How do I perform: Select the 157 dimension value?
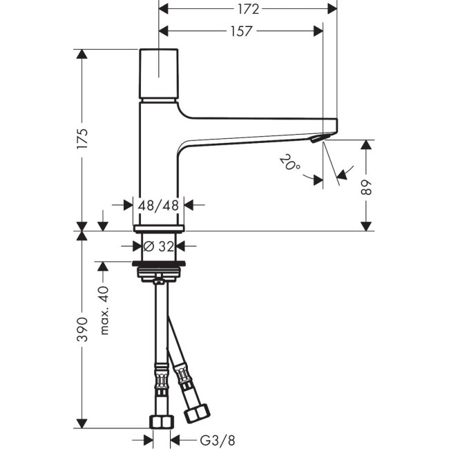pos(242,31)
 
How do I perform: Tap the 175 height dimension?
pos(83,140)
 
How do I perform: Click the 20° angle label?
pos(289,164)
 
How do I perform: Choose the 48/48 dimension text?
pos(160,204)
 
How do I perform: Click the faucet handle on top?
pos(160,74)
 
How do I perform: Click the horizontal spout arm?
pos(256,128)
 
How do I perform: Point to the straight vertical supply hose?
pos(160,325)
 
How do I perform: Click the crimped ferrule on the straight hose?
pos(160,380)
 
